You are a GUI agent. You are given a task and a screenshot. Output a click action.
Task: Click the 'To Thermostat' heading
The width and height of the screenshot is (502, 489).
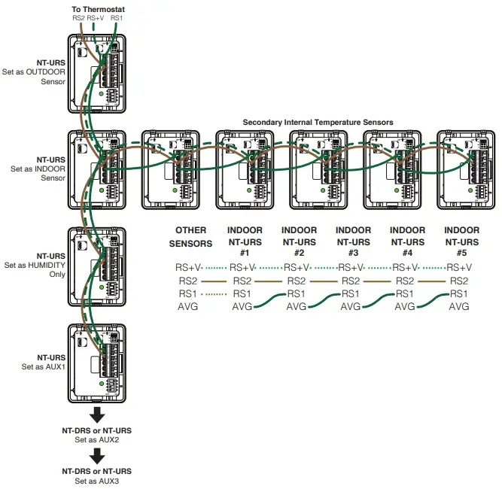[98, 7]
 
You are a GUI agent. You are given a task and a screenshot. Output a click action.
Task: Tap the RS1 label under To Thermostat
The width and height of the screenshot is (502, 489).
[116, 17]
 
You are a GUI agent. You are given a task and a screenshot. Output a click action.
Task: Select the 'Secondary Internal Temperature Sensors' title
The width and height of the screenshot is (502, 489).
[318, 122]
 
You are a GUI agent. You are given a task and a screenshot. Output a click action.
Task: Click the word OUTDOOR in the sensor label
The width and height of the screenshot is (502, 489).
[47, 72]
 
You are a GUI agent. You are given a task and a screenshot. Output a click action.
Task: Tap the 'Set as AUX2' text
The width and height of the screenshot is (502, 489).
[97, 439]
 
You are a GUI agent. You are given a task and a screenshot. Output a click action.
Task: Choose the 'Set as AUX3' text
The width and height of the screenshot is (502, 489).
[97, 480]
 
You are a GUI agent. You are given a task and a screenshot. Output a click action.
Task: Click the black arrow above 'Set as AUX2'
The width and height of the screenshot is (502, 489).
[97, 415]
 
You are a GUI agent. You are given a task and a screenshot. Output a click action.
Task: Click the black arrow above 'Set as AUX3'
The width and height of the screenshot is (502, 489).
[97, 455]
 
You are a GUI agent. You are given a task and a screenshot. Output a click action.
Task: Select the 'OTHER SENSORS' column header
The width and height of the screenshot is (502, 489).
[190, 236]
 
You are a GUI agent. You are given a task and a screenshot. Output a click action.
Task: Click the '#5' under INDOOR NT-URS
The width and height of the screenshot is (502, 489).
[462, 254]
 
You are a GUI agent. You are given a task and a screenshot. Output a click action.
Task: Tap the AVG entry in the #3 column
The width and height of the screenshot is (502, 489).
[351, 307]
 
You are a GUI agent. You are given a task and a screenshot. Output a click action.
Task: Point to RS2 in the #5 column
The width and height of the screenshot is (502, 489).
[459, 281]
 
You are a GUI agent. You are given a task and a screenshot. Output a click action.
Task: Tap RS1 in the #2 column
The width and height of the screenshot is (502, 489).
[297, 293]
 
